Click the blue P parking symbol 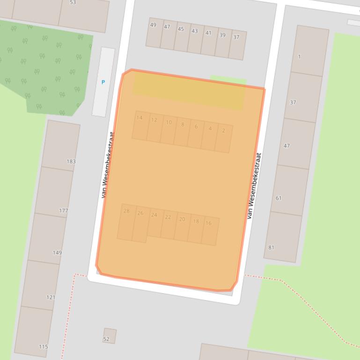point(103,82)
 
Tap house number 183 point(71,161)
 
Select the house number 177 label point(63,210)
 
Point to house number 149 point(57,252)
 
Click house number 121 point(51,297)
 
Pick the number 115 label point(43,346)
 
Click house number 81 point(272,247)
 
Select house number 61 point(279,198)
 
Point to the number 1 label point(300,57)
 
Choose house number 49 point(153,25)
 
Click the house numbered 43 point(194,31)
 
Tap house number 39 point(222,35)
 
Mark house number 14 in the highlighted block point(140,118)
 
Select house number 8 point(183,124)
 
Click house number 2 point(224,130)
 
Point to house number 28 point(126,211)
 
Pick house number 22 point(168,217)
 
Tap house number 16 point(209,223)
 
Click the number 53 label point(73,2)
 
